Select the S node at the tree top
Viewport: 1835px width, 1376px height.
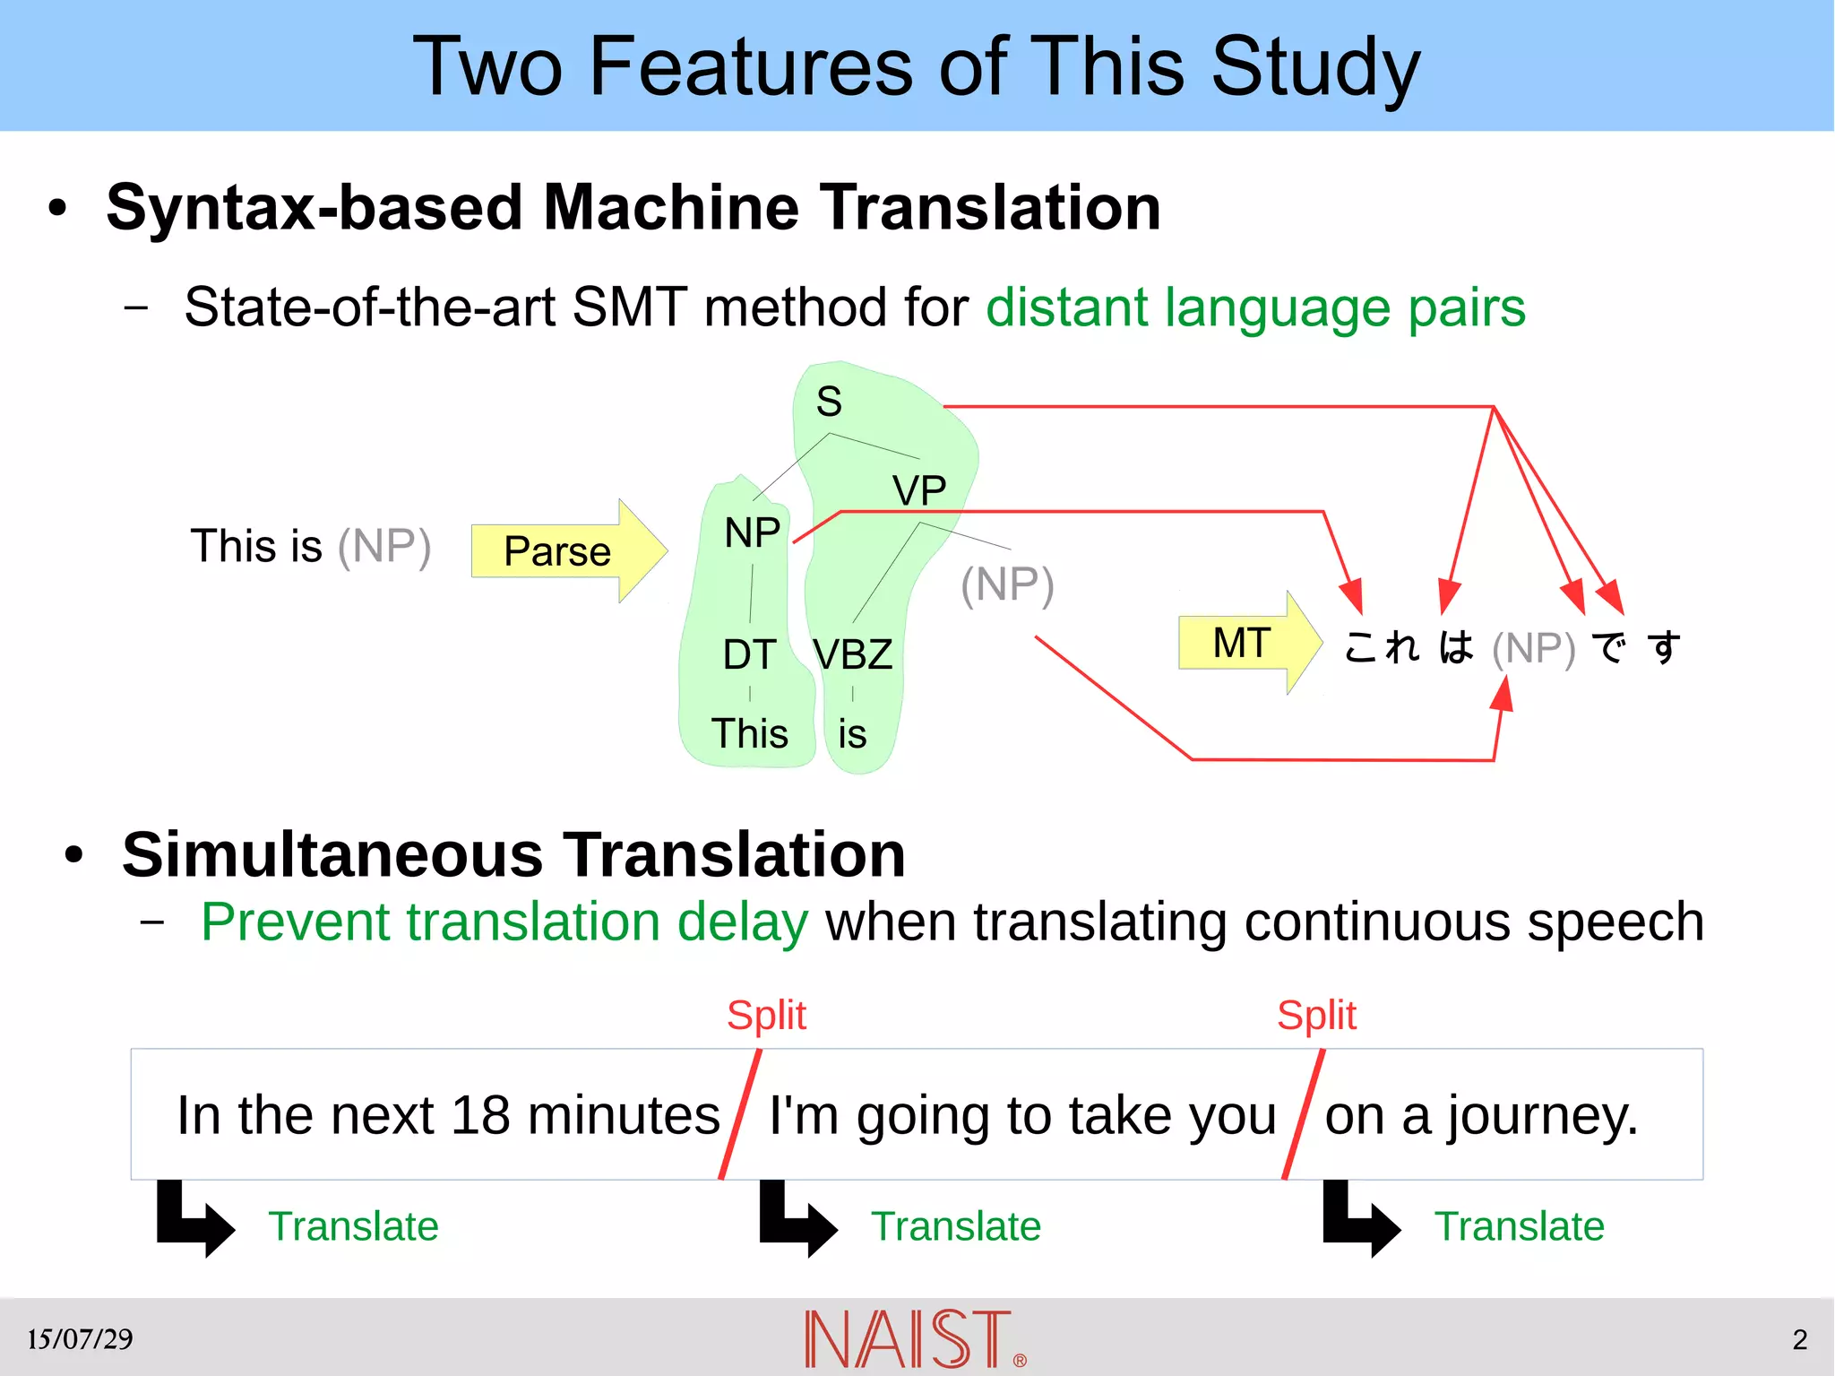pyautogui.click(x=829, y=401)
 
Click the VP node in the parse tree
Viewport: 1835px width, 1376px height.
pyautogui.click(x=918, y=490)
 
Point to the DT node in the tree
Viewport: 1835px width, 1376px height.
pyautogui.click(x=749, y=654)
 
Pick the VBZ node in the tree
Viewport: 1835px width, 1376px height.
pyautogui.click(x=852, y=654)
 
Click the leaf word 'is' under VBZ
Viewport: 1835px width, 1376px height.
pyautogui.click(x=852, y=734)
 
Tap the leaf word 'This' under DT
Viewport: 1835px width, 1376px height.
pyautogui.click(x=750, y=733)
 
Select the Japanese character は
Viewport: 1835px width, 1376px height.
pyautogui.click(x=1455, y=647)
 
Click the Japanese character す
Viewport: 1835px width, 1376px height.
pyautogui.click(x=1665, y=647)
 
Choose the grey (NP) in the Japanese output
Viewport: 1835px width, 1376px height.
pyautogui.click(x=1533, y=648)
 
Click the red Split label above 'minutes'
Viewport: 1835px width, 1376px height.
pyautogui.click(x=766, y=1015)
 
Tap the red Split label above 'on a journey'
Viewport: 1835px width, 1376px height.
pyautogui.click(x=1316, y=1015)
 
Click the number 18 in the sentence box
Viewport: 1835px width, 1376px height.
pyautogui.click(x=480, y=1115)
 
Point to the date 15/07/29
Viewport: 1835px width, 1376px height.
pyautogui.click(x=80, y=1339)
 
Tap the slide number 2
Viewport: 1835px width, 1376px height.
pyautogui.click(x=1800, y=1339)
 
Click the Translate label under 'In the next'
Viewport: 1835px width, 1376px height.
pyautogui.click(x=353, y=1225)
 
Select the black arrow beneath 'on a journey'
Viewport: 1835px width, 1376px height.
pyautogui.click(x=1360, y=1219)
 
